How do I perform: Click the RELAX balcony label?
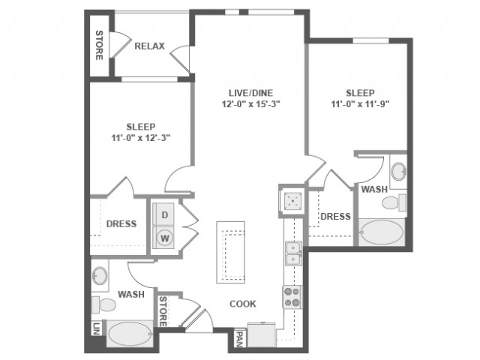150,46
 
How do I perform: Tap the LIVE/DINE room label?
250,93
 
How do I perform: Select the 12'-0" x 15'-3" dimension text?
251,104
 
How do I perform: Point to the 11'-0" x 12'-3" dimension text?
141,138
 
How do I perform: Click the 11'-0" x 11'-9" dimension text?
360,104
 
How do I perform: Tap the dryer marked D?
165,214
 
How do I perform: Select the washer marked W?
165,238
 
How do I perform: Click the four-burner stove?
292,297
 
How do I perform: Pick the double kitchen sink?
293,253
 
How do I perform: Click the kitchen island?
230,252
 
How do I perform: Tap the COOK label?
243,304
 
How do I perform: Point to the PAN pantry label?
240,339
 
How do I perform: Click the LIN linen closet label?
97,328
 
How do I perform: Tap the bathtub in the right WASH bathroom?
382,232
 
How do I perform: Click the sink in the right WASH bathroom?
399,169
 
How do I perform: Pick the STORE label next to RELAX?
99,45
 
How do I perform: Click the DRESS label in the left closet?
121,223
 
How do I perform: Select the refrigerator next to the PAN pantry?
262,334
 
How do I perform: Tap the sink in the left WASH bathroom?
100,275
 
